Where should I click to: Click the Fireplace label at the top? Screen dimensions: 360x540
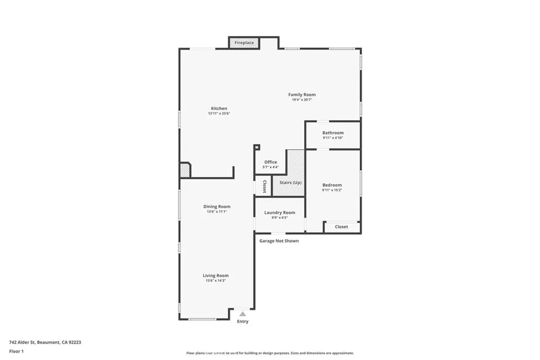tap(244, 43)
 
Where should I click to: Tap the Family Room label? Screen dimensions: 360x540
tap(302, 95)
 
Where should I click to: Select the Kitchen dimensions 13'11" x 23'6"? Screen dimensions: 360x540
tap(219, 113)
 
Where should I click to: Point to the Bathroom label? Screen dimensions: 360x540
tap(333, 133)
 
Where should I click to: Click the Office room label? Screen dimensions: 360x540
tap(271, 162)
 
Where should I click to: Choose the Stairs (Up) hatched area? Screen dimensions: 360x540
tap(291, 182)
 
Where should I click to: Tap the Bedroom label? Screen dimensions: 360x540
tap(332, 185)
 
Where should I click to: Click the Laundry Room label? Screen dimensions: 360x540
tap(279, 212)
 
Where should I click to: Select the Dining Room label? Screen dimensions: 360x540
tap(217, 207)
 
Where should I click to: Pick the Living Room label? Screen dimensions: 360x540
tap(216, 275)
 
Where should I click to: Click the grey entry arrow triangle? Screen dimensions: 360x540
tap(243, 314)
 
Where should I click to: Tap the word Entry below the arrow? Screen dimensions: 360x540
tap(243, 322)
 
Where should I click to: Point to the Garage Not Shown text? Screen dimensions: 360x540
tap(279, 241)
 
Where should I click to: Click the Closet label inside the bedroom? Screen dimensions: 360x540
tap(341, 227)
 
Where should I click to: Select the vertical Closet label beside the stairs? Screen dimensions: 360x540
tap(264, 187)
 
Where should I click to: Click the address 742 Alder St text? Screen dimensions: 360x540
tap(45, 342)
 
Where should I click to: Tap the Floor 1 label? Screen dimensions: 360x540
tap(16, 351)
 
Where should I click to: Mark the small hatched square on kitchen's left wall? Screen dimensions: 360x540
tap(185, 170)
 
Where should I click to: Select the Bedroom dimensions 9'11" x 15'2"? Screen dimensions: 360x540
tap(332, 190)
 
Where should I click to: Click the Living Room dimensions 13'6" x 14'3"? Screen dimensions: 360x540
tap(216, 280)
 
